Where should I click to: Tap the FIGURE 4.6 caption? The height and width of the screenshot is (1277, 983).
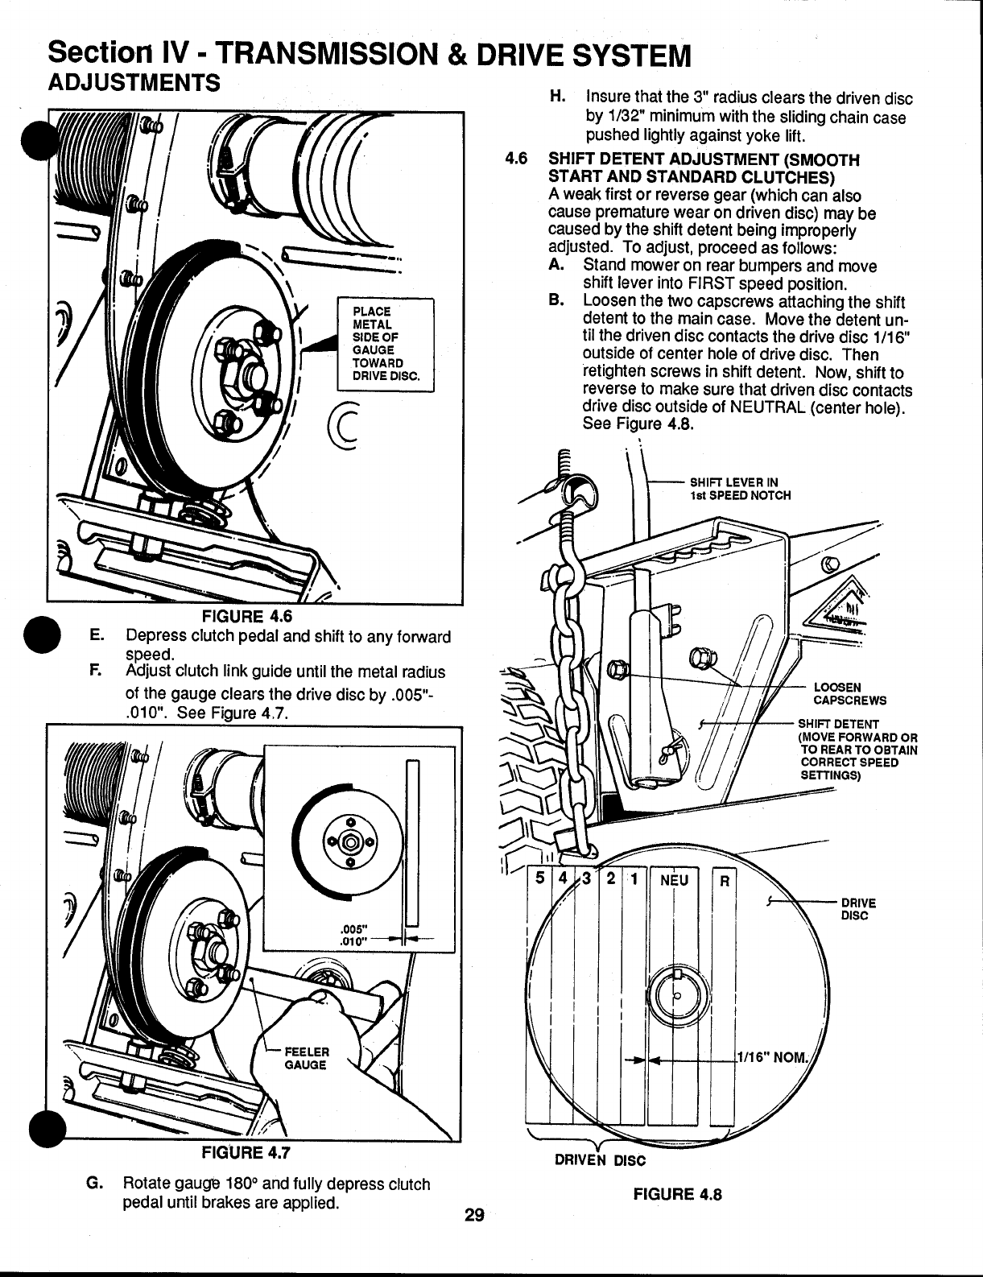pyautogui.click(x=246, y=617)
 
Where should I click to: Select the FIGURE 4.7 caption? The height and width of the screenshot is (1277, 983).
pyautogui.click(x=246, y=1151)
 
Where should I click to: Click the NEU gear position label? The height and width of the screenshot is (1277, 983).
pyautogui.click(x=675, y=879)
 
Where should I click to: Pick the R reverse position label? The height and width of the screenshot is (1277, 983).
pyautogui.click(x=723, y=880)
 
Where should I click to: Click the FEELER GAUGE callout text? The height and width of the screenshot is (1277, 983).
pyautogui.click(x=308, y=1058)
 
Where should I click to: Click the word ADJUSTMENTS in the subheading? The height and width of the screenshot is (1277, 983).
pyautogui.click(x=134, y=83)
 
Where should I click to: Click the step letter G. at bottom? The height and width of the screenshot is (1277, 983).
pyautogui.click(x=95, y=1184)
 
